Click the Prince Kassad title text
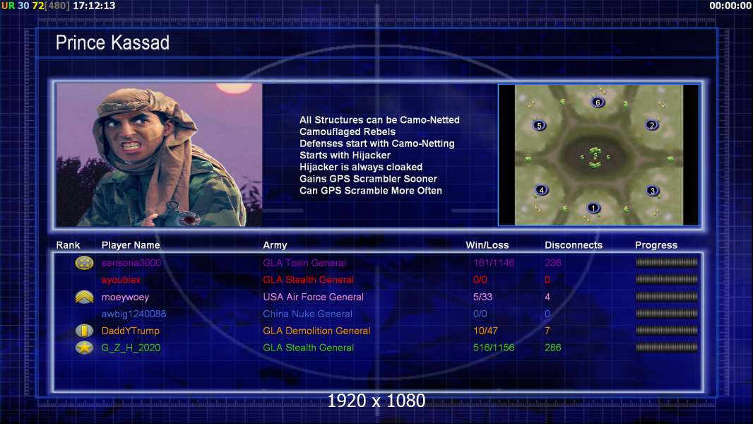coord(112,42)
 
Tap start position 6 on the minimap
coord(598,102)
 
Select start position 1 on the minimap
coord(593,208)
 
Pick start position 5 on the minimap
coord(539,125)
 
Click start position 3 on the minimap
coord(652,191)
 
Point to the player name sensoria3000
coord(131,263)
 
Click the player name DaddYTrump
coord(130,331)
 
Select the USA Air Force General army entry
coord(313,297)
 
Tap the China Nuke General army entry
coord(307,314)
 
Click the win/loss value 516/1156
coord(494,348)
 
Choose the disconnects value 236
coord(553,263)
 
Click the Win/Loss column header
coord(487,245)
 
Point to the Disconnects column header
coord(574,245)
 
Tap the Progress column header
coord(656,245)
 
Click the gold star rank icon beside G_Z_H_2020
coord(84,348)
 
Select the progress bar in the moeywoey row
coord(667,297)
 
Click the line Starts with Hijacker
coord(345,155)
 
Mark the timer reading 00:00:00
coord(730,6)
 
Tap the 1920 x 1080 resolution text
coord(376,401)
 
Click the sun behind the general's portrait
coord(234,88)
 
